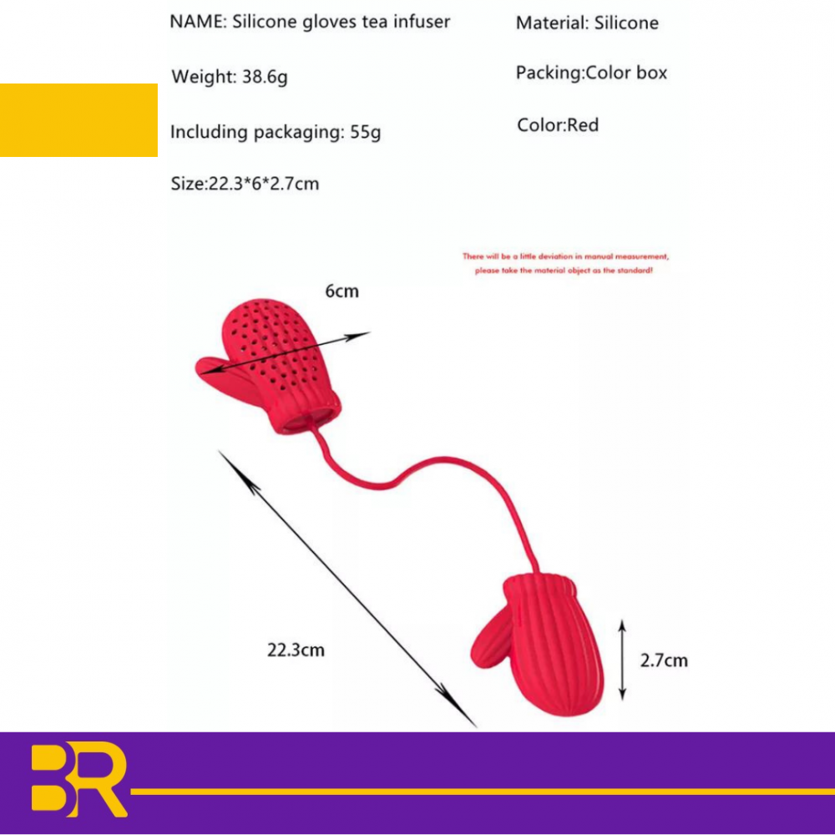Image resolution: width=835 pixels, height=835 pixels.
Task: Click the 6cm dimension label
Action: tap(342, 291)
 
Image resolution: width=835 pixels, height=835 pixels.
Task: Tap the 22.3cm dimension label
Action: tap(296, 649)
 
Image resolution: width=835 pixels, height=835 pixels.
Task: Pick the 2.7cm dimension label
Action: tap(664, 660)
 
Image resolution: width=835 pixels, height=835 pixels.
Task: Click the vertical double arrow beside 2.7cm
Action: tap(622, 660)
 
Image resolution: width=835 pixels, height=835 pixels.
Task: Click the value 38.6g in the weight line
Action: tap(265, 78)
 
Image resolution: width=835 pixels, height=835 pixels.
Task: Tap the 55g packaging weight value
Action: tap(365, 132)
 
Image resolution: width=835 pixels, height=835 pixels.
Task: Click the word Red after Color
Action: tap(583, 125)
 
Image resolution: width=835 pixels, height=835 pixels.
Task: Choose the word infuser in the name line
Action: tap(417, 22)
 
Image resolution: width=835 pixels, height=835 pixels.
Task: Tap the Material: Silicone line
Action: tap(587, 23)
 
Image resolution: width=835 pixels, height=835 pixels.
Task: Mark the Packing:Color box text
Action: tap(591, 73)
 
